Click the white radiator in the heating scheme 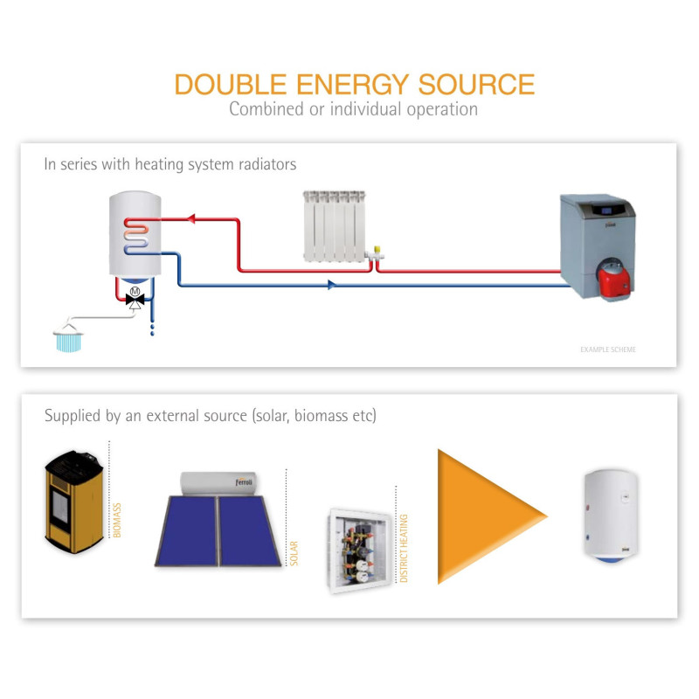coord(332,227)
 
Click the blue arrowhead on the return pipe coord(332,284)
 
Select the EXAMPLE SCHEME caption coord(608,349)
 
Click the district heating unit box coord(358,550)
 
